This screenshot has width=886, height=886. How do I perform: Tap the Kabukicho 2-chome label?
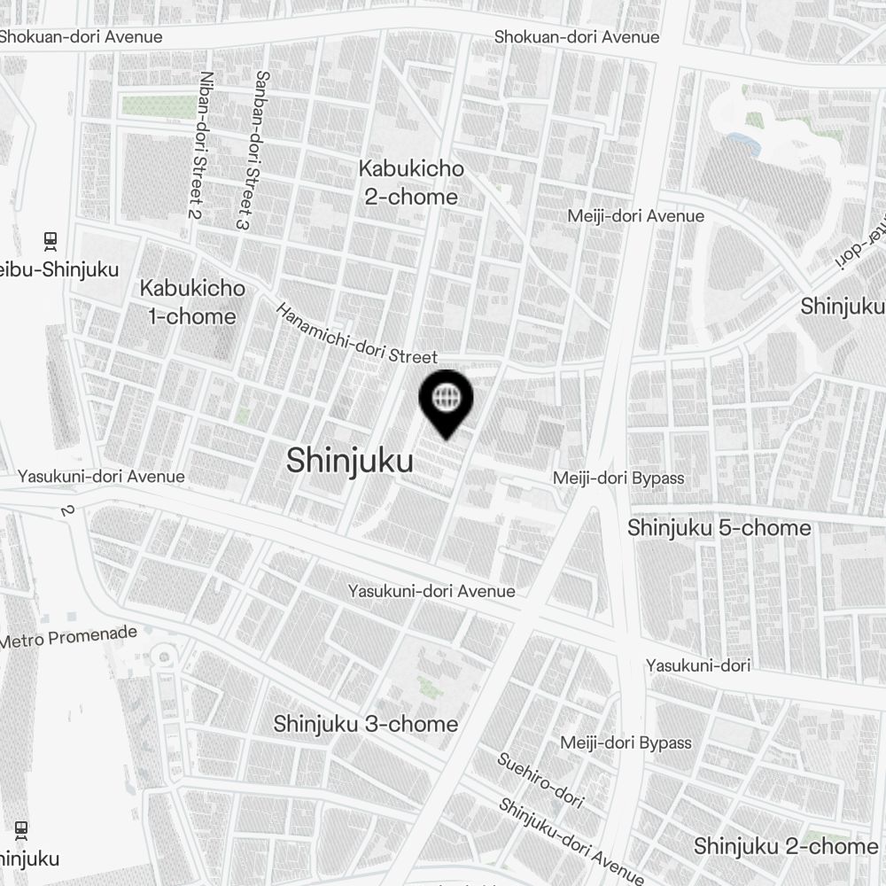pyautogui.click(x=411, y=183)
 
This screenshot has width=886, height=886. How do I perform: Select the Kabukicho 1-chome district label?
pyautogui.click(x=192, y=302)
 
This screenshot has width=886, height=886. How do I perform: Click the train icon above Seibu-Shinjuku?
pyautogui.click(x=51, y=239)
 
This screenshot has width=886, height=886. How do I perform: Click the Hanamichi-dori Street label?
pyautogui.click(x=357, y=335)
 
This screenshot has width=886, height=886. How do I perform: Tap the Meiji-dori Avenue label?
pyautogui.click(x=636, y=216)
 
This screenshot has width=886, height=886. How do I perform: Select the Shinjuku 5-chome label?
pyautogui.click(x=719, y=528)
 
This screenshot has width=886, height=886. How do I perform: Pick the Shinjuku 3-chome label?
pyautogui.click(x=365, y=724)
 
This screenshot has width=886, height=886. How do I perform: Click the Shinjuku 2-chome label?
pyautogui.click(x=785, y=846)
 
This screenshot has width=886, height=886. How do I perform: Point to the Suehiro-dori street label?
pyautogui.click(x=540, y=780)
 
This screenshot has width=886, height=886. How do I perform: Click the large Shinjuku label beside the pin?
pyautogui.click(x=349, y=461)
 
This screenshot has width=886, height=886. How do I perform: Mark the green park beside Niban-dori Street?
pyautogui.click(x=157, y=106)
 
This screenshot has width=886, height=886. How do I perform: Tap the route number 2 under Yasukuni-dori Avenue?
pyautogui.click(x=66, y=510)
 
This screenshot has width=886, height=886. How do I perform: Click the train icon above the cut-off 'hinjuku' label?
pyautogui.click(x=21, y=830)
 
